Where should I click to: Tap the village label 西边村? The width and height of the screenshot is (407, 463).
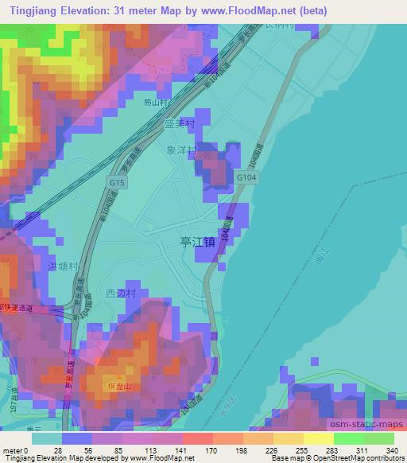pos(121,293)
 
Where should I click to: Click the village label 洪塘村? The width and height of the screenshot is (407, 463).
pos(64,267)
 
